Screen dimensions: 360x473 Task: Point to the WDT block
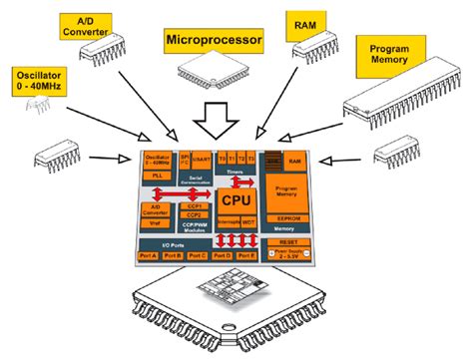pos(250,223)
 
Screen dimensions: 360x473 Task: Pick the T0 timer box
pos(223,158)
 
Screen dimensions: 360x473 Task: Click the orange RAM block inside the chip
pos(295,160)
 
